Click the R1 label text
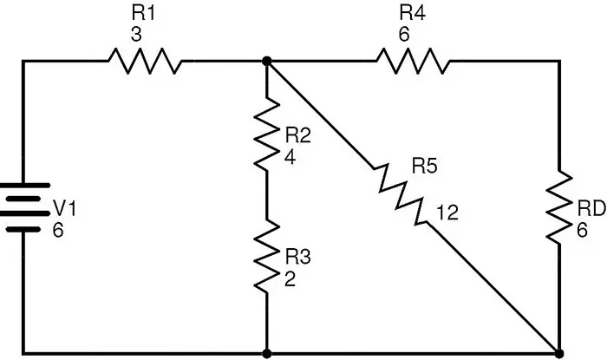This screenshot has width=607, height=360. coord(143,13)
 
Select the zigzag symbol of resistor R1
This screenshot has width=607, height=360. coord(145,61)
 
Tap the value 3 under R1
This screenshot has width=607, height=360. coord(136,35)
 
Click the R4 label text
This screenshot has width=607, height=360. coord(412,13)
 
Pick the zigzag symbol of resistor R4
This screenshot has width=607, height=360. coord(413,61)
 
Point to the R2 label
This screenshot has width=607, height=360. coord(298,135)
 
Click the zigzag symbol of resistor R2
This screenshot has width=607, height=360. coord(267,133)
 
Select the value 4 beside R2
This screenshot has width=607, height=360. coord(290,157)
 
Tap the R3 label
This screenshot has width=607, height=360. coord(298,257)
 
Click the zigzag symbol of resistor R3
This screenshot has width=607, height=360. coord(267,256)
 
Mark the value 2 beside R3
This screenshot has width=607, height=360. coord(290,278)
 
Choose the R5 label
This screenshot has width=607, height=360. coord(425,166)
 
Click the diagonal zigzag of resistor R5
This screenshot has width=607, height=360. coord(401,194)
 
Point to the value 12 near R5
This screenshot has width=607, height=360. coord(447,213)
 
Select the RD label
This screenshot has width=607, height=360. coord(591,209)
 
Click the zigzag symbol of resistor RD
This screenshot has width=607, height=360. coord(559,207)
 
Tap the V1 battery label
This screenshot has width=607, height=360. coord(65,209)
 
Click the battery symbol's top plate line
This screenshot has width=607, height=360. coord(24,186)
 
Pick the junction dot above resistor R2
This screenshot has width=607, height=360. coord(267,61)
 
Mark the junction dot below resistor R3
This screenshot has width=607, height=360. coord(267,353)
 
